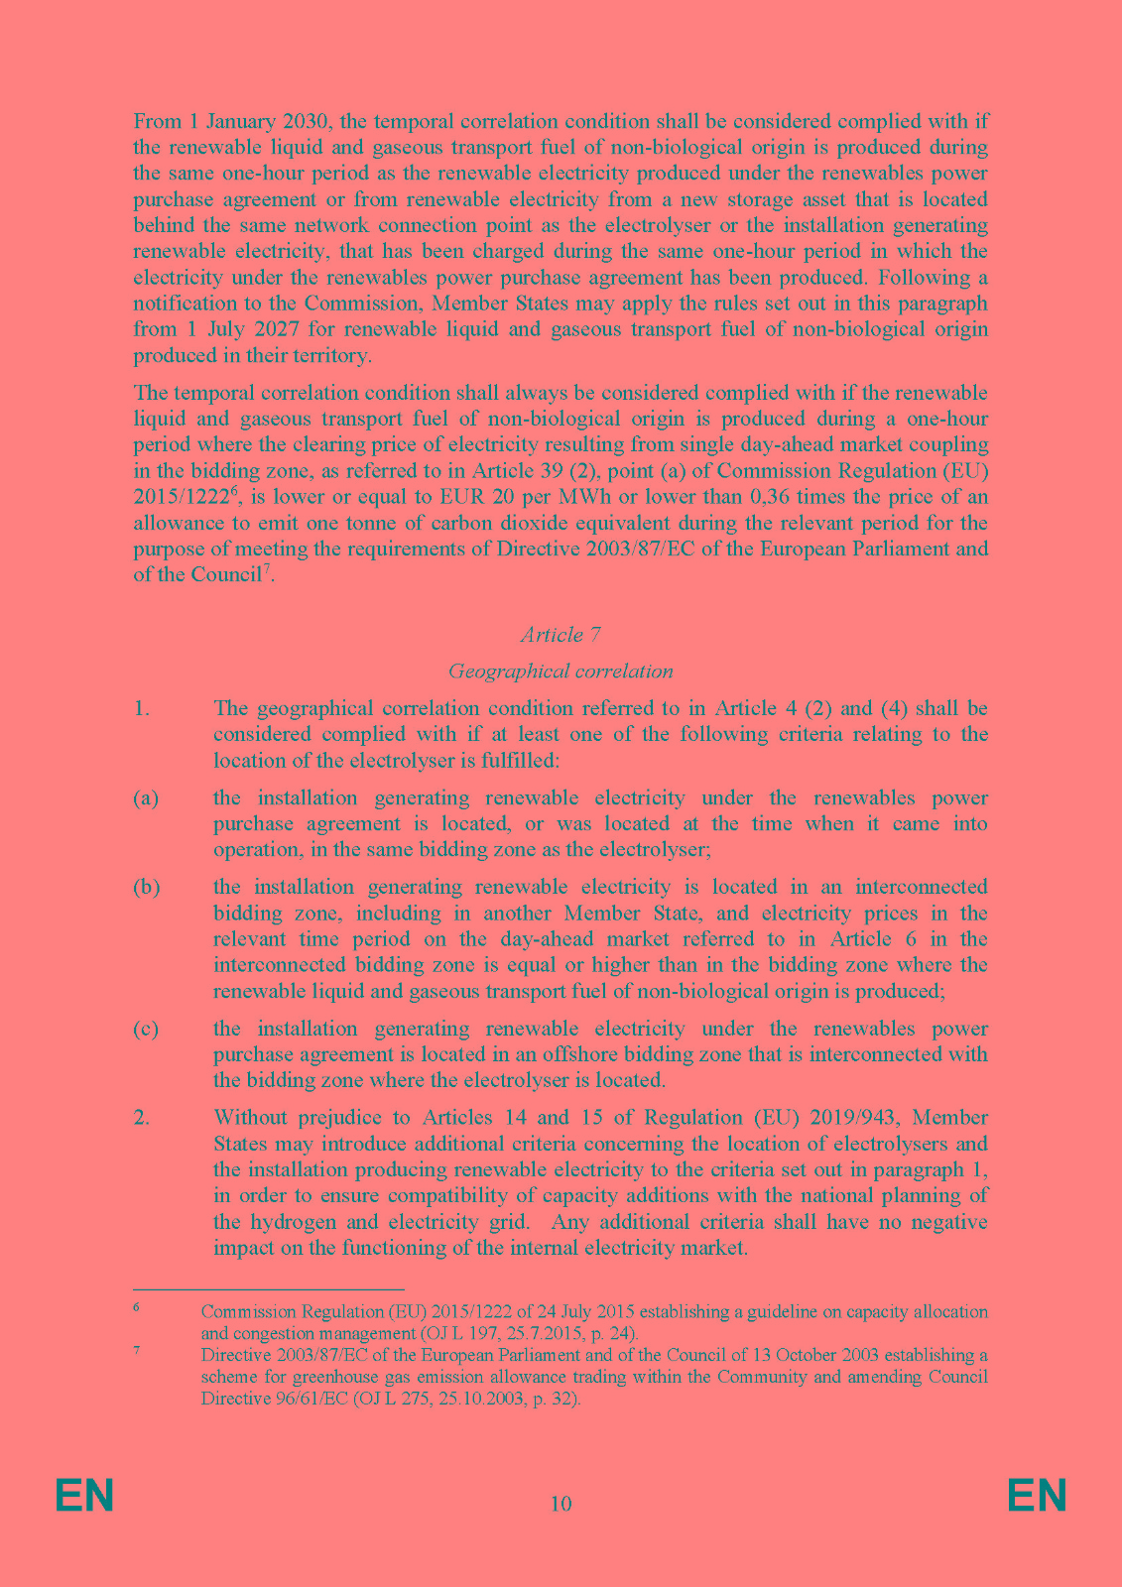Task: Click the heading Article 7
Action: pos(561,635)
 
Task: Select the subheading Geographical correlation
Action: pos(561,671)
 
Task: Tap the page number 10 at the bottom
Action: pos(561,1504)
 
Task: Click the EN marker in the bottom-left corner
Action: pos(84,1496)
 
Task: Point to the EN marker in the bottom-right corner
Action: pos(1037,1496)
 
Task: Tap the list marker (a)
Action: pos(146,798)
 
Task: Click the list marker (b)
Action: pos(146,887)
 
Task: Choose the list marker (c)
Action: pos(146,1029)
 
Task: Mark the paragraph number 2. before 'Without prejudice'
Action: pos(142,1118)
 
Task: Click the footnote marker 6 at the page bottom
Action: pos(136,1307)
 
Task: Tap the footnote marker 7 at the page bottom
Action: pos(136,1351)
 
